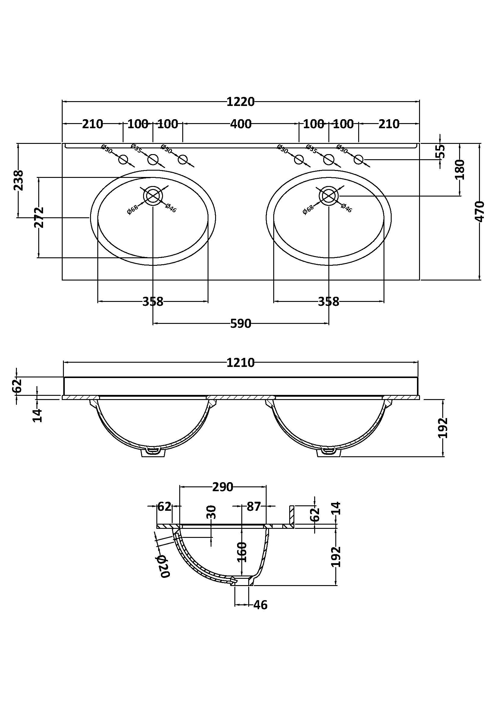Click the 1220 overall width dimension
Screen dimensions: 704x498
pos(240,101)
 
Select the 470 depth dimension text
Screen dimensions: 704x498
pos(479,211)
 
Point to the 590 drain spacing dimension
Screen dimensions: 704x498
pos(240,324)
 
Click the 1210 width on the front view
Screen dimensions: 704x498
pos(240,363)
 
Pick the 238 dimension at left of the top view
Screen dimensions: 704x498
pos(19,180)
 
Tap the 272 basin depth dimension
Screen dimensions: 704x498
pos(39,217)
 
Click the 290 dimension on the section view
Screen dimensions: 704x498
pos(223,487)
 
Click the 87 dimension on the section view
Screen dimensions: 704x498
pos(253,507)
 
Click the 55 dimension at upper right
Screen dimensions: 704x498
pos(441,151)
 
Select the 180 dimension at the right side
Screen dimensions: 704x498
pos(460,169)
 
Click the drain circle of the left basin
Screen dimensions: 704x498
pos(153,196)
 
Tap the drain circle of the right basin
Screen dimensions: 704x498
pos(329,196)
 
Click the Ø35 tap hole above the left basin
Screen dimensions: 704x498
pos(153,160)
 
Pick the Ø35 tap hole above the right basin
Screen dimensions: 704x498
pos(329,160)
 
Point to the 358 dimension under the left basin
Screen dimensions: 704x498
pos(153,302)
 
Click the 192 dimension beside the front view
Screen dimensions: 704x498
pos(444,428)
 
